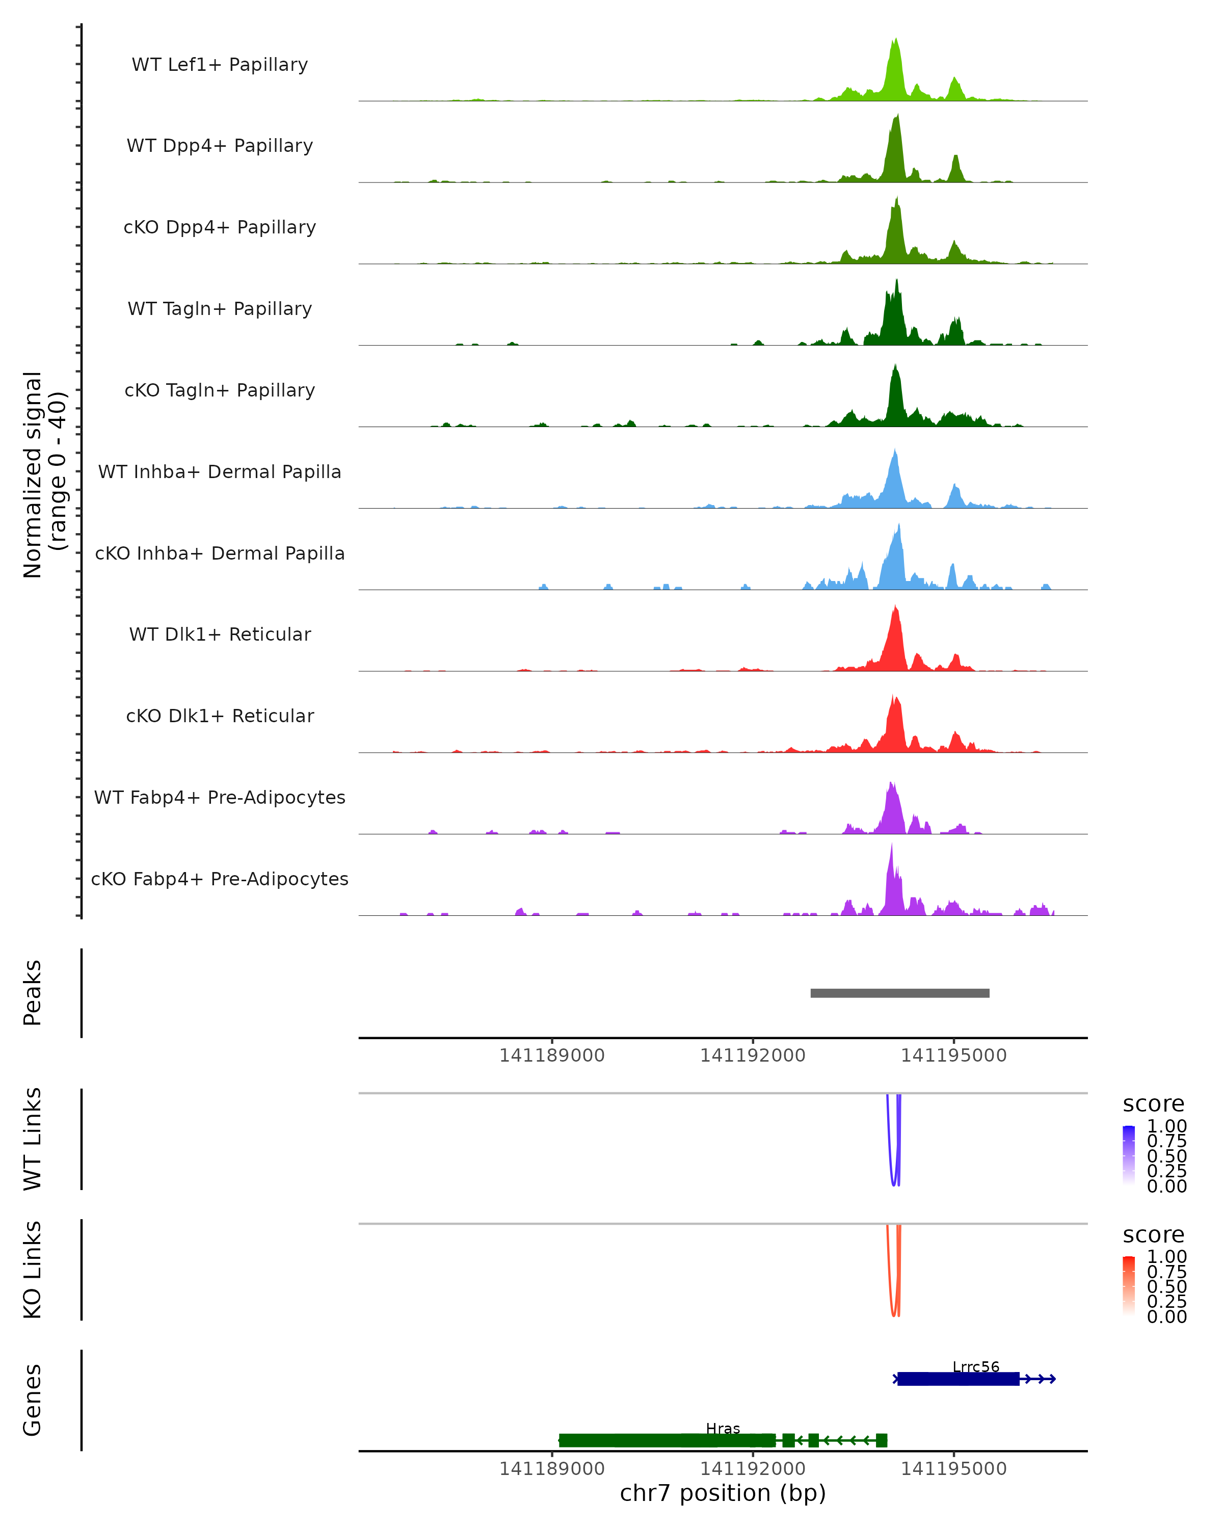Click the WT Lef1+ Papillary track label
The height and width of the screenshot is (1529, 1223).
[220, 65]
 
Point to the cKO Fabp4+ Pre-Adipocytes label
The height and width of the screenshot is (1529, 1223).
[220, 879]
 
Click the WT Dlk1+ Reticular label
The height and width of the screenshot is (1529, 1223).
[220, 634]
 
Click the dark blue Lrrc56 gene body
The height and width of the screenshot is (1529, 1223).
[957, 1379]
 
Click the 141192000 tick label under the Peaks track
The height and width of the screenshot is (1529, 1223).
[753, 1056]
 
